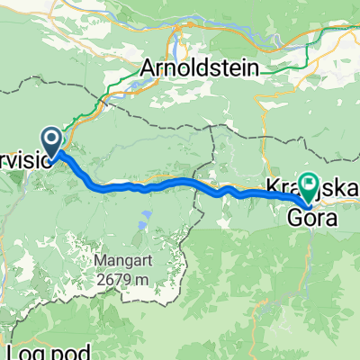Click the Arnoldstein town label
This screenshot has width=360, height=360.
199,67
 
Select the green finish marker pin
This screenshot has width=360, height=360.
309,187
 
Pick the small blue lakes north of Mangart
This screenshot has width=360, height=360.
143,218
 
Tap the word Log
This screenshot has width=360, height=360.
20,352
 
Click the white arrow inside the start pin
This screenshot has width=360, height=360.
50,139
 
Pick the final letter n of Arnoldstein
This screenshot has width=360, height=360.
254,67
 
